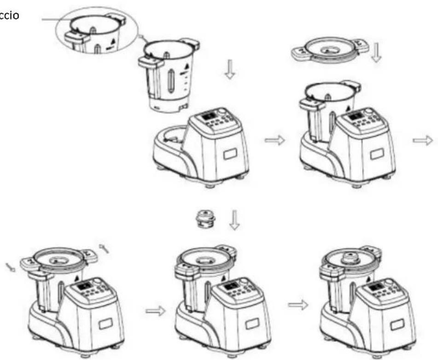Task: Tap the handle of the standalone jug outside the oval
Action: pos(152,74)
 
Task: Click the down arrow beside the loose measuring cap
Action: pos(234,218)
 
